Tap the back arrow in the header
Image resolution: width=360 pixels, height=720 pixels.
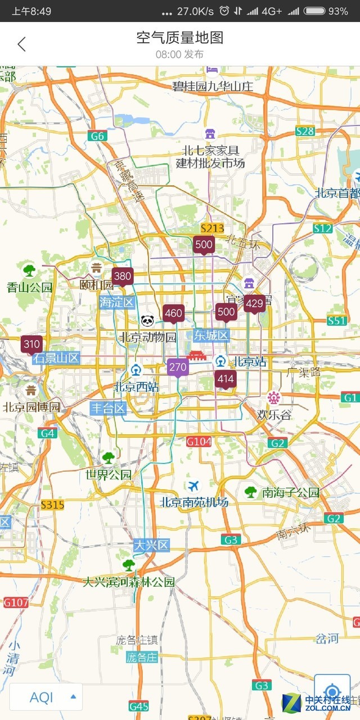tap(21, 44)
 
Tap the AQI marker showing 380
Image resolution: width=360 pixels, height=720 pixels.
tap(122, 276)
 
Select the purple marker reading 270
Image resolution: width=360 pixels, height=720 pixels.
tap(177, 368)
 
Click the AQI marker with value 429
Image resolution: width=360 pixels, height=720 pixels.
tap(254, 304)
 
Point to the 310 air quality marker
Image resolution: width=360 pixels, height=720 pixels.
tap(31, 344)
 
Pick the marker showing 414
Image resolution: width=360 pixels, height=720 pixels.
tap(226, 379)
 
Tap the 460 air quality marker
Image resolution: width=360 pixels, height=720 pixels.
tap(173, 313)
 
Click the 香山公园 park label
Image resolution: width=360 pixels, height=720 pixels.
tap(29, 287)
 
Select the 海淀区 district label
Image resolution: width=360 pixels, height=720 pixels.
tap(117, 303)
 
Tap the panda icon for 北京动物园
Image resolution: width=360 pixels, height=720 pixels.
tap(147, 321)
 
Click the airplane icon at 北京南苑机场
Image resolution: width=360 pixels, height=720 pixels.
tap(194, 485)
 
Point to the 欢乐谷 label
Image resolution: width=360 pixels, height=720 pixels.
tap(274, 415)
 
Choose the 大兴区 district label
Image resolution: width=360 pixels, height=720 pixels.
tap(151, 545)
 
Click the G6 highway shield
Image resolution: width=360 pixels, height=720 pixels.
tap(97, 136)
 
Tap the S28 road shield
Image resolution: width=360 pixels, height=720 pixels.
tap(305, 131)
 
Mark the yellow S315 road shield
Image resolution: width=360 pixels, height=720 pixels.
tap(52, 505)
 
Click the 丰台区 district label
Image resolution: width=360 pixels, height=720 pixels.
tap(108, 408)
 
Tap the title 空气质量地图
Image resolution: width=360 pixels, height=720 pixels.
tap(180, 38)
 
